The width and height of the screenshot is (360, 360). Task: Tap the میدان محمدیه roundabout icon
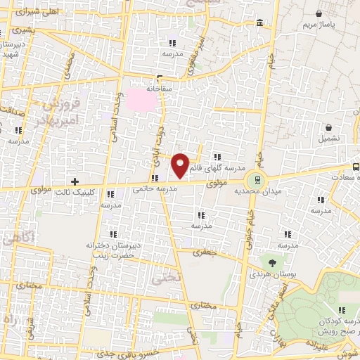(257, 179)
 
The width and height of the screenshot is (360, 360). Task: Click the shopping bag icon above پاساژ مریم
(320, 13)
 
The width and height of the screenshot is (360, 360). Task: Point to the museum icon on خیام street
(260, 25)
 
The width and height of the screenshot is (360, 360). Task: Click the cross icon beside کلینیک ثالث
(75, 181)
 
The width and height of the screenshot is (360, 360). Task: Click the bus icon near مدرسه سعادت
(356, 167)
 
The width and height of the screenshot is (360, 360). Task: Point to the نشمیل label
(331, 139)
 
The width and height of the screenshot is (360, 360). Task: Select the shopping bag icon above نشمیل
(330, 128)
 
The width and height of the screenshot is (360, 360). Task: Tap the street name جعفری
(207, 251)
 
